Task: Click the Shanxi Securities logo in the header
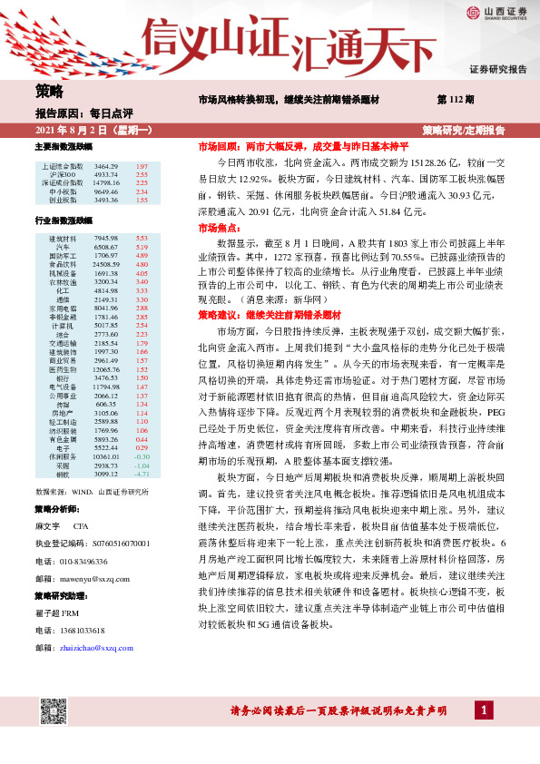coord(496,13)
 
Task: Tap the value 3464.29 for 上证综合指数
coord(106,168)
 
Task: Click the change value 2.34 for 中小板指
coord(142,191)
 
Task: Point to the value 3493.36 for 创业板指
coord(106,200)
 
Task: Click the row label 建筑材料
coord(63,238)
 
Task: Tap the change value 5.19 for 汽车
coord(142,246)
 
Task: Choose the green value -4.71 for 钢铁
coord(141,500)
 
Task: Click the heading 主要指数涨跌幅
coord(64,146)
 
